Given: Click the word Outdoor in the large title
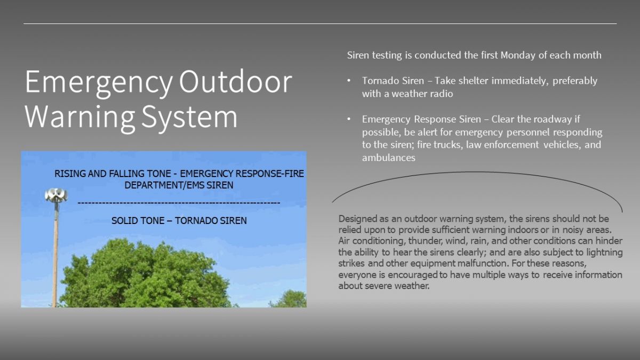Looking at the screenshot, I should [235, 82].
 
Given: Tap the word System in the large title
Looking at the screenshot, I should [189, 117].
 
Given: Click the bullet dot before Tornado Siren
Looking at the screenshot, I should [349, 81].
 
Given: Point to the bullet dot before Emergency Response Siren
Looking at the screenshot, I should [349, 119].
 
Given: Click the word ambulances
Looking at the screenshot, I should [388, 157].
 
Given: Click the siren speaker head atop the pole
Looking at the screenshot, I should [55, 195].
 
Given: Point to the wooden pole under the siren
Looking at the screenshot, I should [55, 256].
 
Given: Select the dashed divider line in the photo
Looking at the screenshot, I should [179, 203].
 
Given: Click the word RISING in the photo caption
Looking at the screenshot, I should [69, 173].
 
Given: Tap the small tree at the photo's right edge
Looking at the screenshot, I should [291, 299].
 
